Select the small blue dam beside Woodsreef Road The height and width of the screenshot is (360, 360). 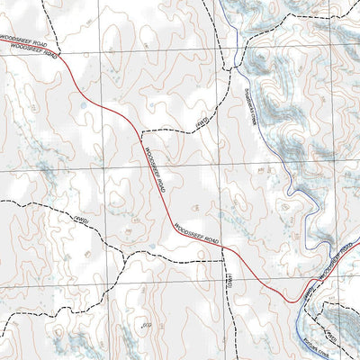(84, 105)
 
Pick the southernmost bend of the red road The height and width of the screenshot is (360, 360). (288, 301)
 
